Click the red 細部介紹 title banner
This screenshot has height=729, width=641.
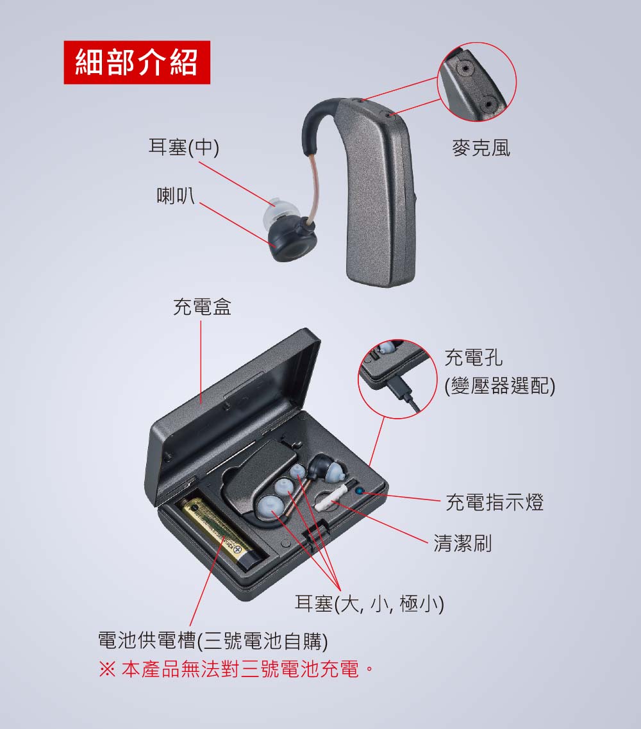137,62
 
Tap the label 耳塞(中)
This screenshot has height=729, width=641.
183,147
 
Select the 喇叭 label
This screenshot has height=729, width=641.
175,196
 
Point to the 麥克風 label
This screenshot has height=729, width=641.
481,148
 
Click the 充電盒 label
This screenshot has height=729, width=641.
202,306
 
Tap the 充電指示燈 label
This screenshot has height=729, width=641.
495,502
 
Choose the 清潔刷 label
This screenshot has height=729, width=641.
463,542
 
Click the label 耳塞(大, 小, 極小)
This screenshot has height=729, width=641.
370,603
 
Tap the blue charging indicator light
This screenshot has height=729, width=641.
359,490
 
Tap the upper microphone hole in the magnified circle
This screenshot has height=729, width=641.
465,69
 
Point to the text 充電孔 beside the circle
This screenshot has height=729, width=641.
474,357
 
